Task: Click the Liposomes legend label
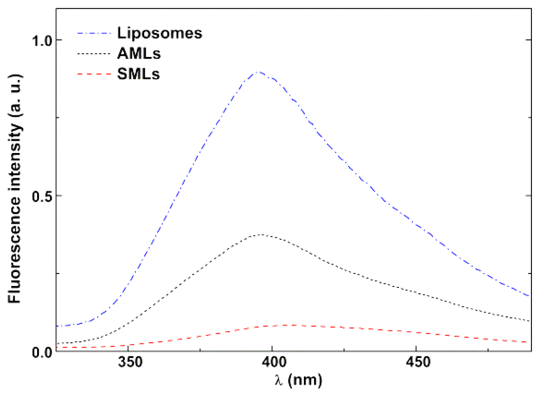click(159, 33)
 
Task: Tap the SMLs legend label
click(138, 74)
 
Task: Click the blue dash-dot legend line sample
click(94, 33)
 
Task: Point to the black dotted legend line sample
click(94, 54)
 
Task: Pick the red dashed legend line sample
click(94, 74)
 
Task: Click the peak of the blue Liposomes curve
click(259, 72)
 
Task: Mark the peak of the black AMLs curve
click(262, 235)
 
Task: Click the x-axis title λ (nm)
click(298, 380)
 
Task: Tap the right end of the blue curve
click(530, 296)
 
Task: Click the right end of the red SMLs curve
click(530, 342)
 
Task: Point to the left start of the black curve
click(57, 343)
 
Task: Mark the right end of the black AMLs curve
click(530, 321)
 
